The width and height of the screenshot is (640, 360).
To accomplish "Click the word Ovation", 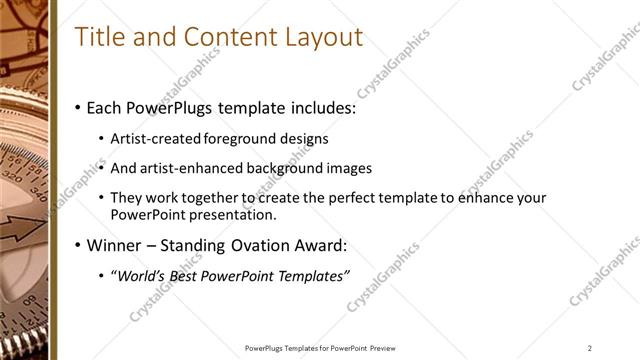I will pos(257,245).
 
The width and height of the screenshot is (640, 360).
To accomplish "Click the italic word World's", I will pos(143,275).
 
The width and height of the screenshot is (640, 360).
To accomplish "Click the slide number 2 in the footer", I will pos(589,348).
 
